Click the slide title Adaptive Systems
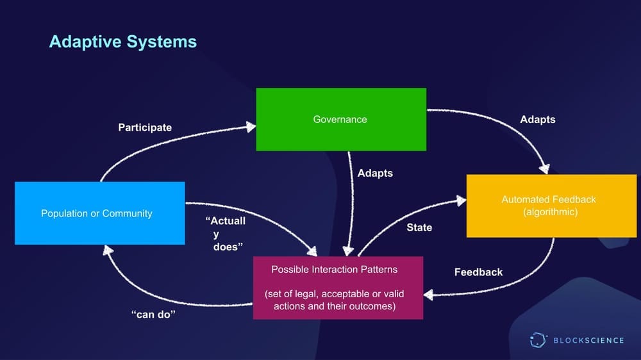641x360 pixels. pyautogui.click(x=122, y=42)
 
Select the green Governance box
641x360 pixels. pyautogui.click(x=340, y=119)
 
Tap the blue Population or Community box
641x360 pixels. pyautogui.click(x=99, y=213)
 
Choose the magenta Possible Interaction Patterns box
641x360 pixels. pyautogui.click(x=338, y=288)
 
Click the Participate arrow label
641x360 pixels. pyautogui.click(x=145, y=127)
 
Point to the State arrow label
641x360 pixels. pyautogui.click(x=419, y=227)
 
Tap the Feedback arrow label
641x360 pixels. pyautogui.click(x=478, y=272)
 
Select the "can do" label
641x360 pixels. pyautogui.click(x=153, y=315)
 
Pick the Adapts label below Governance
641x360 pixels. pyautogui.click(x=375, y=173)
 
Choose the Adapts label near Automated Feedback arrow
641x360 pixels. pyautogui.click(x=537, y=120)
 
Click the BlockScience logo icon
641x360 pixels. pyautogui.click(x=538, y=340)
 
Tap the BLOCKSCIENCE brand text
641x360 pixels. pyautogui.click(x=588, y=340)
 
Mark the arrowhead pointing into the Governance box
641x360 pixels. pyautogui.click(x=250, y=127)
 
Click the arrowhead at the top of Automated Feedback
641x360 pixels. pyautogui.click(x=544, y=169)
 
